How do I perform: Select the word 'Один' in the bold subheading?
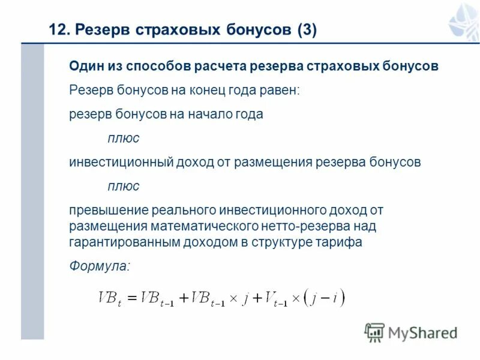point(85,66)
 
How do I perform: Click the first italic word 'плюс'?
point(124,138)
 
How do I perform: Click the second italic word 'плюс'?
point(124,186)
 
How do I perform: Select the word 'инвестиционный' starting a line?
point(121,162)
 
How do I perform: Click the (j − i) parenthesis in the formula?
point(325,297)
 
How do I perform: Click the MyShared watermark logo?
point(410,332)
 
